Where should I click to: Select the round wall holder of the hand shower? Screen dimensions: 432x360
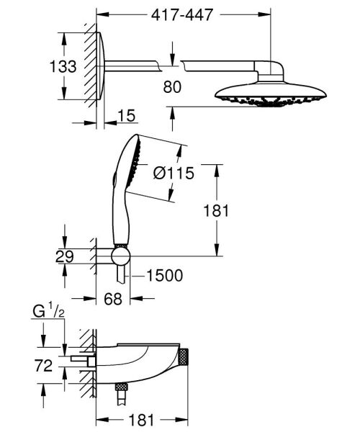[x=120, y=256]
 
